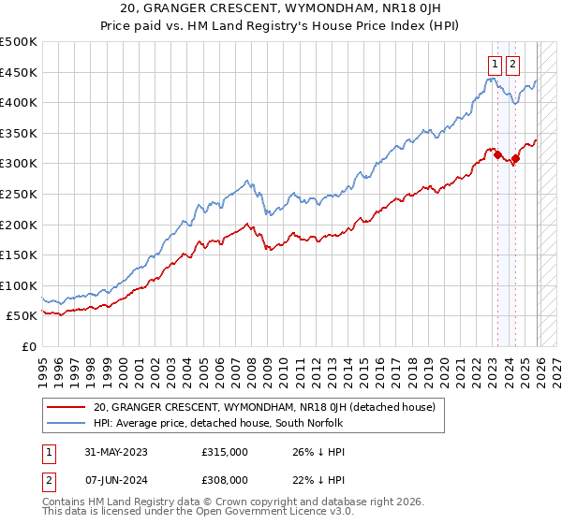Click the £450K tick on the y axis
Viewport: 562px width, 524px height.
pyautogui.click(x=19, y=72)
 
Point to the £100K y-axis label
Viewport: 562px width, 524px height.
pyautogui.click(x=19, y=285)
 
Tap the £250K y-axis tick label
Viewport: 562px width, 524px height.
pyautogui.click(x=19, y=194)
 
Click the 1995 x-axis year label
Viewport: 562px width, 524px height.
pyautogui.click(x=43, y=365)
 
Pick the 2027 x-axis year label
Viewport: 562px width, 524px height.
pyautogui.click(x=556, y=365)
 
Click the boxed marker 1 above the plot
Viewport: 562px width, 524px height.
pyautogui.click(x=494, y=65)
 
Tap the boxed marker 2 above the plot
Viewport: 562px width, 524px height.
pyautogui.click(x=512, y=65)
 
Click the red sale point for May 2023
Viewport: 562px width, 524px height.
pyautogui.click(x=497, y=154)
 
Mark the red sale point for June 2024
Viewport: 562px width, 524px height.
pyautogui.click(x=515, y=158)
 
